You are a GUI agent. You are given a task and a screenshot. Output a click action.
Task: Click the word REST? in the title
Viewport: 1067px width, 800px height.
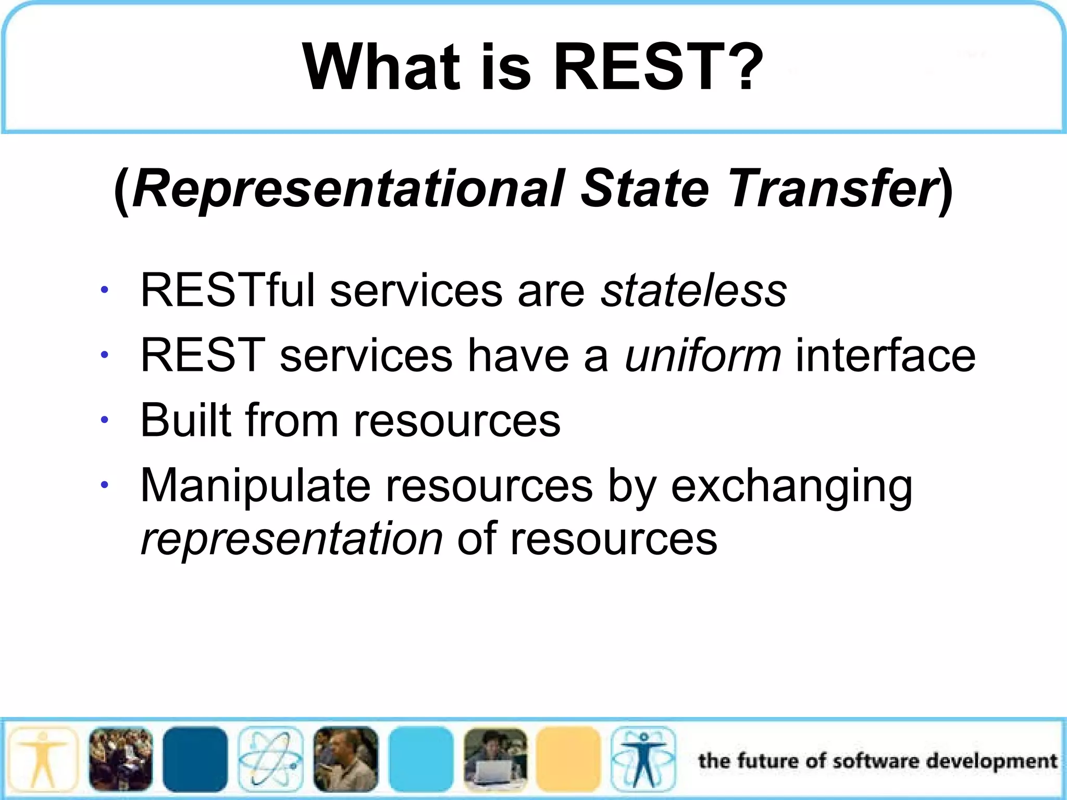tap(657, 68)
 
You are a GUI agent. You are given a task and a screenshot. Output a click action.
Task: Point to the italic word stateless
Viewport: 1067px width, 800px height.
tap(693, 291)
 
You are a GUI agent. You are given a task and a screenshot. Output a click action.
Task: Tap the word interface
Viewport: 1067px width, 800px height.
tap(885, 356)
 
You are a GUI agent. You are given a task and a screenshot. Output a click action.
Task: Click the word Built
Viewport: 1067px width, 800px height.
tap(185, 420)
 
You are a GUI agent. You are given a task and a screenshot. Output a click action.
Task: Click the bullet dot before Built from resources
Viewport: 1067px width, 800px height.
tap(105, 420)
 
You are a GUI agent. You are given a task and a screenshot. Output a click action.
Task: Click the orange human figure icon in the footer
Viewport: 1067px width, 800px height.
tap(43, 759)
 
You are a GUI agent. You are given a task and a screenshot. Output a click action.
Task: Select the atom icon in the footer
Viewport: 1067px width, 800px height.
tap(270, 759)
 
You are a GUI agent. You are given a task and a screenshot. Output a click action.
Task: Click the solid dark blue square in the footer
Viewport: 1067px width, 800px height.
tap(195, 759)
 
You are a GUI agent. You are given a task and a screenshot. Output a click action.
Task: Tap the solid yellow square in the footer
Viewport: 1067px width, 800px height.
tap(568, 759)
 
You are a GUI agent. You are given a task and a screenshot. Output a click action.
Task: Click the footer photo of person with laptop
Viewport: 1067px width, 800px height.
tap(495, 759)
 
